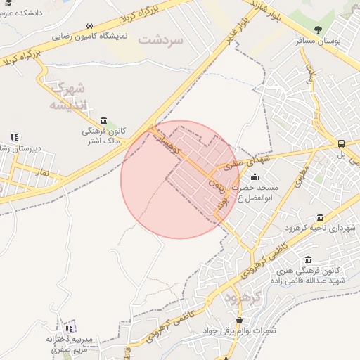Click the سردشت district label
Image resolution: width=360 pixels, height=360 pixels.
[x=160, y=39]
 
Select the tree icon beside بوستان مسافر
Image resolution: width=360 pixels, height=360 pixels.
[x=318, y=30]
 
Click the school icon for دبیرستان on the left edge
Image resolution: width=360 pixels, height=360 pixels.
[x=14, y=137]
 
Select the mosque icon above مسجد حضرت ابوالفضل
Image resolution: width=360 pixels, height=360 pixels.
[x=255, y=177]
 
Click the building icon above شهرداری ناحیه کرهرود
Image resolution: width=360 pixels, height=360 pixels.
[x=321, y=217]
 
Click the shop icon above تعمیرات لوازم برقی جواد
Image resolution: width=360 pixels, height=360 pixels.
[x=239, y=320]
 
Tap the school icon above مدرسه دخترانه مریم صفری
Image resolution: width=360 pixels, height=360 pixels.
[x=69, y=328]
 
